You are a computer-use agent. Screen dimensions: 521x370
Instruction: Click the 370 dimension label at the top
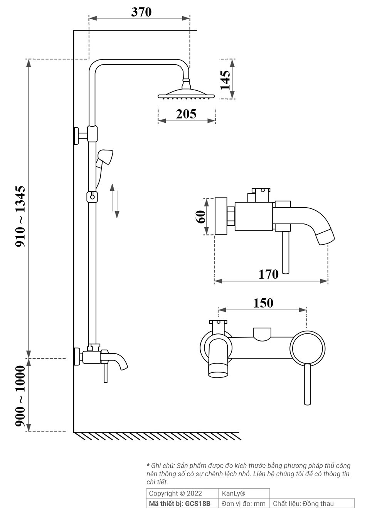point(141,12)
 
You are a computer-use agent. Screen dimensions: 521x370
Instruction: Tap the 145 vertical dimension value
point(225,80)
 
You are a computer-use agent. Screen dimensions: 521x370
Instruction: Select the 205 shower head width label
point(186,114)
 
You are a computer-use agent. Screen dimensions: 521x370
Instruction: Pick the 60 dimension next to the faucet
point(200,217)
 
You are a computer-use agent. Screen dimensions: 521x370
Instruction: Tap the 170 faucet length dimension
point(268,274)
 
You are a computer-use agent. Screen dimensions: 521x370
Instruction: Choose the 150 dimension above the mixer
point(263,303)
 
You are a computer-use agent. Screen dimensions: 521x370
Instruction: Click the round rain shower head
point(187,94)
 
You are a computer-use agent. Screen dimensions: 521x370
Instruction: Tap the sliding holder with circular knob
point(92,196)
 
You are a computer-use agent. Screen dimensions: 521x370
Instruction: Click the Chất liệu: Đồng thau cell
point(303,503)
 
